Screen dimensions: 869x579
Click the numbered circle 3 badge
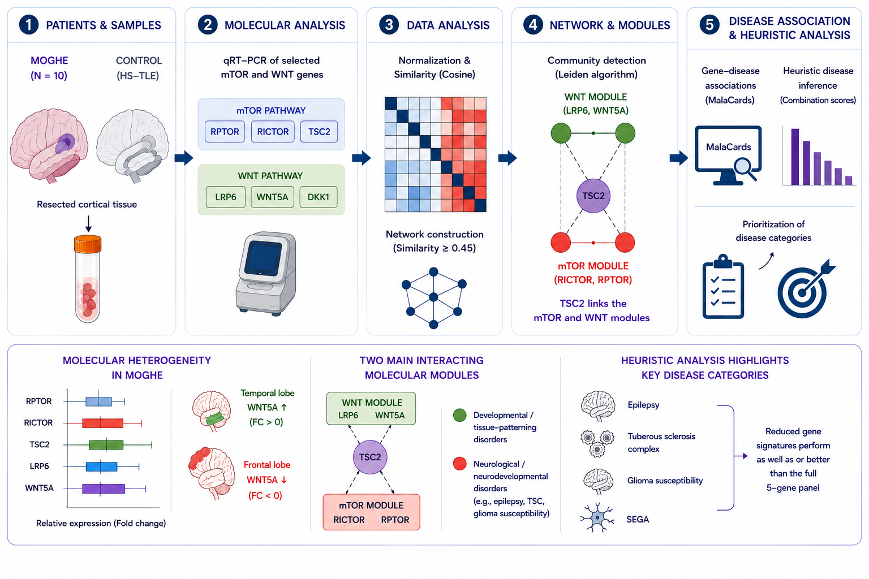coord(389,25)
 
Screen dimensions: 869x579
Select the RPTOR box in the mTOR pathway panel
coord(225,132)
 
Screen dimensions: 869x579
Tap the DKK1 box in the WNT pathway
coord(318,197)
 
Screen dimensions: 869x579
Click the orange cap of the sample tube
coord(88,244)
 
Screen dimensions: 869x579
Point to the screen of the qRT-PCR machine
coord(264,258)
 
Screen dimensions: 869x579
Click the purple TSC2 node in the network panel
coord(593,196)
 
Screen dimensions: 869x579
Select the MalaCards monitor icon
coord(728,155)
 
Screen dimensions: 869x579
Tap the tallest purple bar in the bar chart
coord(795,157)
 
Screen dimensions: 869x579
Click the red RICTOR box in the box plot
coord(102,423)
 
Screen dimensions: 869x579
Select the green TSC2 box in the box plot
coord(106,445)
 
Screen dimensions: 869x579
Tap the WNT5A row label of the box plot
coord(39,488)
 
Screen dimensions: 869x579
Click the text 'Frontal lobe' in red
coord(267,465)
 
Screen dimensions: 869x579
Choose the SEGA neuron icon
coord(597,517)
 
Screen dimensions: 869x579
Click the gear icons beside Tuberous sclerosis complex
coord(597,443)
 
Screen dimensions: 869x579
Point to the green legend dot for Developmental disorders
coord(460,415)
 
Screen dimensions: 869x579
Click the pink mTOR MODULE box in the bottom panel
coord(371,512)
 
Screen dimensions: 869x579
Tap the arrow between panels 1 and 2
coord(184,158)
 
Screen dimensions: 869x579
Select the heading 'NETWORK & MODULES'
coord(610,25)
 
